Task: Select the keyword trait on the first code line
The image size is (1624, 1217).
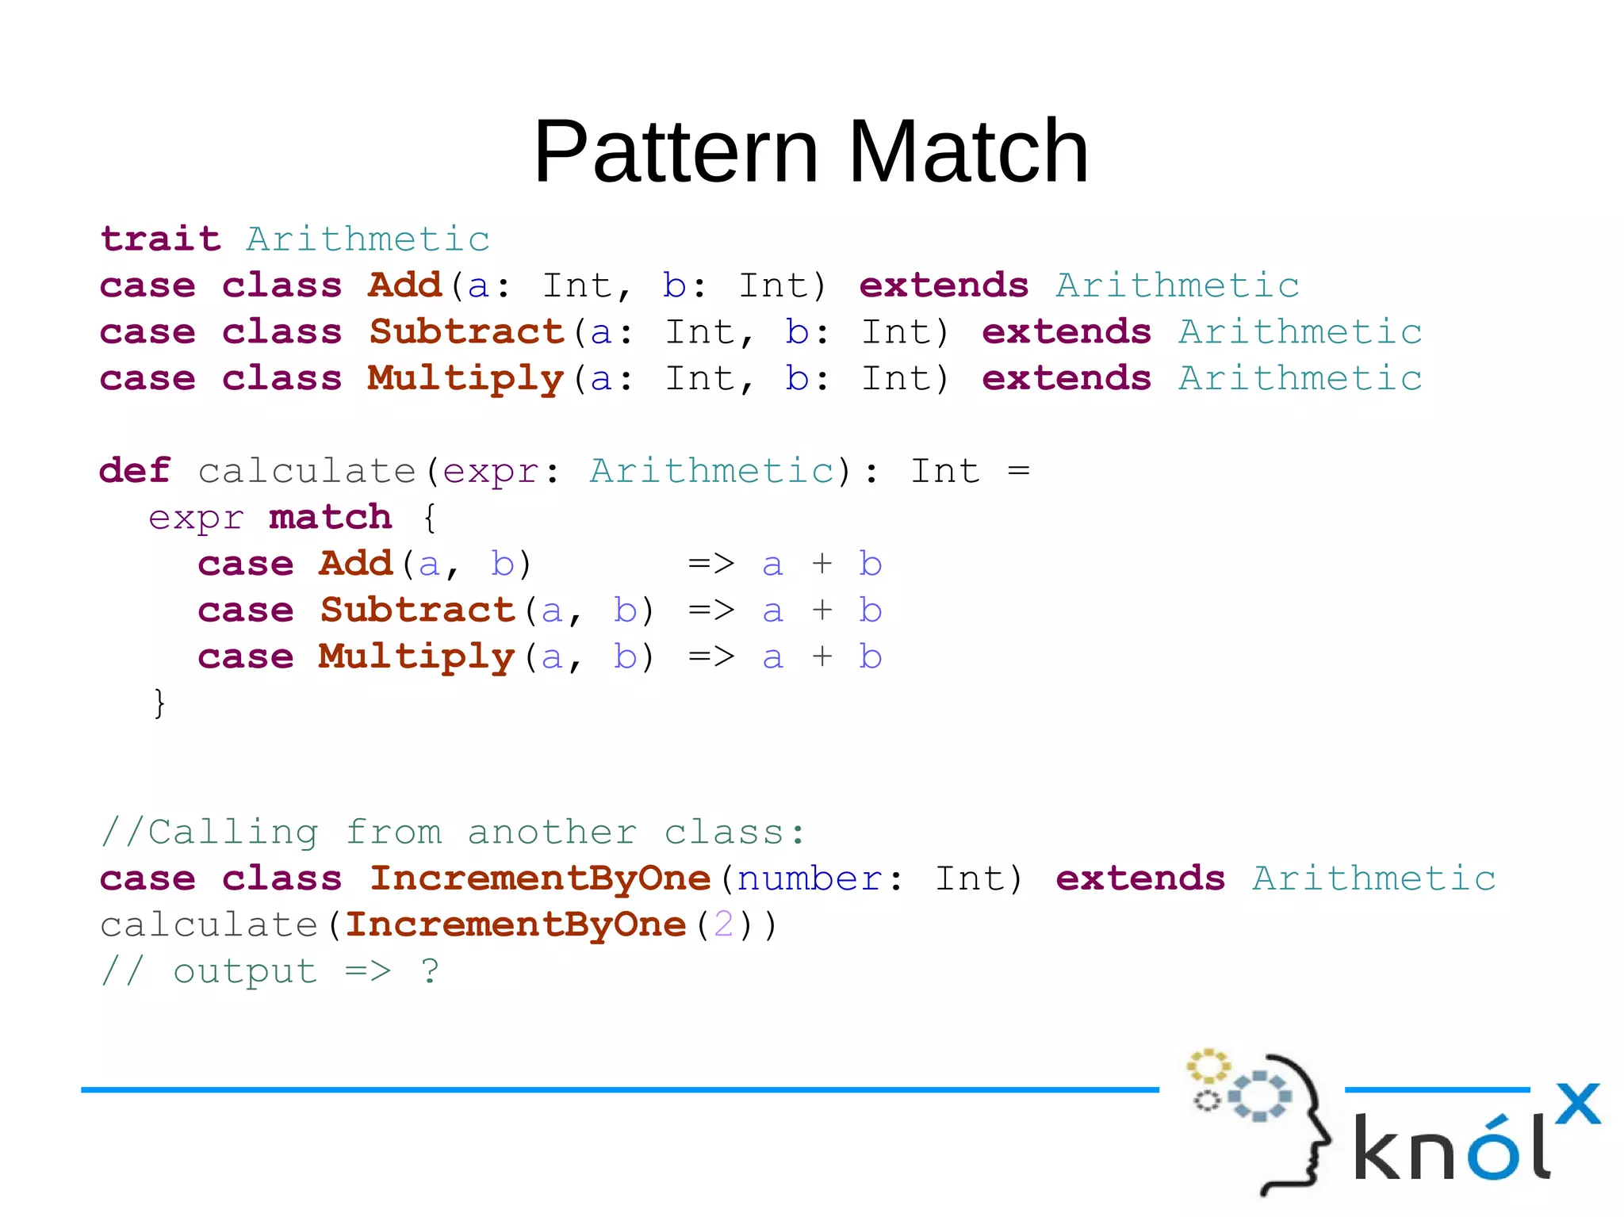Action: tap(160, 239)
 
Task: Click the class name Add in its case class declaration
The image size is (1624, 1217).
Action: tap(404, 285)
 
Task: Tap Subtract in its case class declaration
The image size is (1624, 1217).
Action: tap(466, 331)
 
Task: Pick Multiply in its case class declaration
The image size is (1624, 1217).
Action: tap(465, 379)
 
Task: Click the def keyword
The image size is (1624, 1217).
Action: tap(135, 471)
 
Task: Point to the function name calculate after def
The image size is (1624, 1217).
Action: tap(307, 472)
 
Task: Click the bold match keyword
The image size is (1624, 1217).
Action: tap(330, 518)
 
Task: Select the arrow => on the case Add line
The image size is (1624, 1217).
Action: tap(711, 564)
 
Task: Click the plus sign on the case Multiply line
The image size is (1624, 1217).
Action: tap(822, 656)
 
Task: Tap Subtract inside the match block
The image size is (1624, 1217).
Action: tap(418, 610)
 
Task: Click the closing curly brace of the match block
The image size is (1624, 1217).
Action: tap(159, 702)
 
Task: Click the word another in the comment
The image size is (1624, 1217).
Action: tap(552, 832)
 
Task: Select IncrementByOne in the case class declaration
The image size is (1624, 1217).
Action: tap(540, 878)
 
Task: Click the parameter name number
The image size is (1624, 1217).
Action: tap(809, 879)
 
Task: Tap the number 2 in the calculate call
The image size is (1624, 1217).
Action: tap(723, 924)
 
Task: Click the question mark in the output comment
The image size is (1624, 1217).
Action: tap(430, 971)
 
